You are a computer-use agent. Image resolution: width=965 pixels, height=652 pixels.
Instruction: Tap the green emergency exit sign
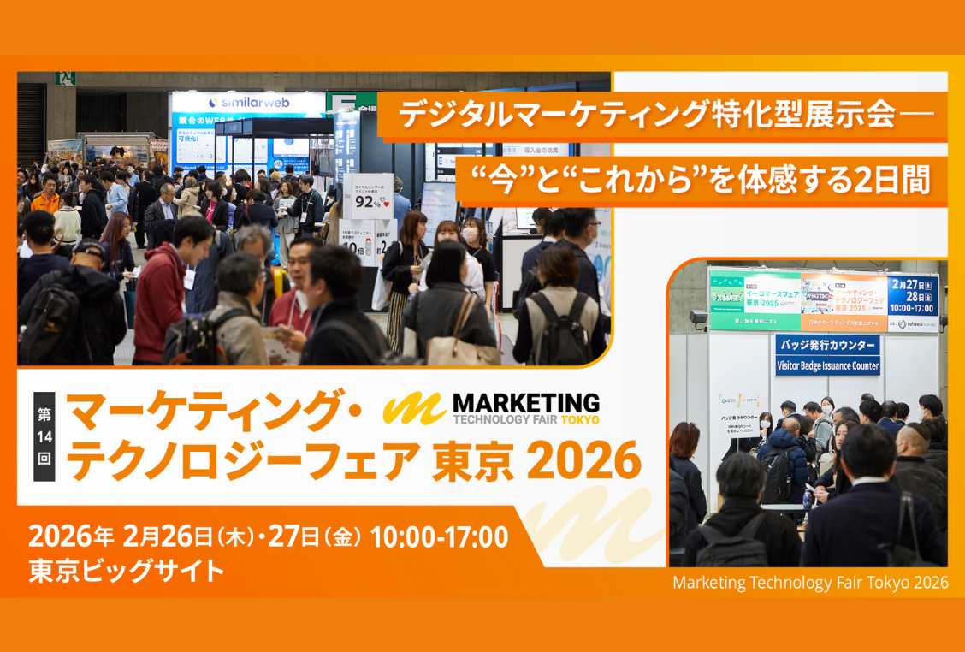click(65, 79)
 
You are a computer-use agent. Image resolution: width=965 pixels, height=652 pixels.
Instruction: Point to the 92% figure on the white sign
click(368, 203)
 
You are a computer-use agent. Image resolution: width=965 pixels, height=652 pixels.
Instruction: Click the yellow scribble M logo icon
click(413, 408)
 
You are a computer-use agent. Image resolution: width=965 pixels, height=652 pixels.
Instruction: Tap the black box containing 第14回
click(44, 436)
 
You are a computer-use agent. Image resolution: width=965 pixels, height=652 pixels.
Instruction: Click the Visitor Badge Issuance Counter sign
click(827, 365)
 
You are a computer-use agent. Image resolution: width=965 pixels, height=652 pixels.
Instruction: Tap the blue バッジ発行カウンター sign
click(827, 346)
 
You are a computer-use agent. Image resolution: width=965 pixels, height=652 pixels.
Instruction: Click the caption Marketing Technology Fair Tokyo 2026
click(809, 583)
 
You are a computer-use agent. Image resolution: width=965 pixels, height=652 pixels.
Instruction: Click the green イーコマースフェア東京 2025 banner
click(755, 299)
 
